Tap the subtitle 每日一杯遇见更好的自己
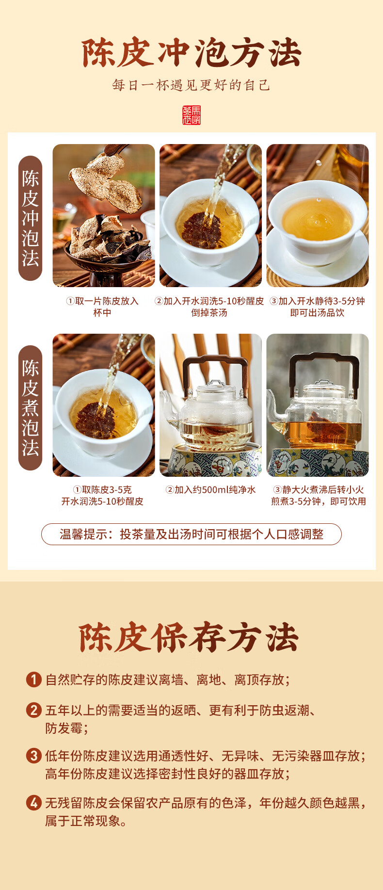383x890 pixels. [x=191, y=85]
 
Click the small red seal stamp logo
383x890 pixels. [x=191, y=115]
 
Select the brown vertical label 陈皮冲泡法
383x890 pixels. [x=30, y=218]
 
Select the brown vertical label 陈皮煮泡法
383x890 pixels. [x=30, y=408]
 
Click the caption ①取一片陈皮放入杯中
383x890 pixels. [x=102, y=307]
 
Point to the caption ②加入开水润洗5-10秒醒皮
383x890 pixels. [x=209, y=301]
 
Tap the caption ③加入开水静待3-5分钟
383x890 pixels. [x=318, y=301]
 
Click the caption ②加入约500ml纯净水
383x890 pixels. [x=210, y=490]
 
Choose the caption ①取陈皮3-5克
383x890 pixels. [x=102, y=490]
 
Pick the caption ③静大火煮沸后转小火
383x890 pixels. [x=319, y=490]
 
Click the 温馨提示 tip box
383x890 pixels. [x=191, y=534]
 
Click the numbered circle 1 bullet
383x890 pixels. [x=33, y=680]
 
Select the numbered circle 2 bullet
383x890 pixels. [x=33, y=711]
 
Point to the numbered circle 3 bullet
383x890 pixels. [x=33, y=756]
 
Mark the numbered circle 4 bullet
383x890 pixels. [x=33, y=803]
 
